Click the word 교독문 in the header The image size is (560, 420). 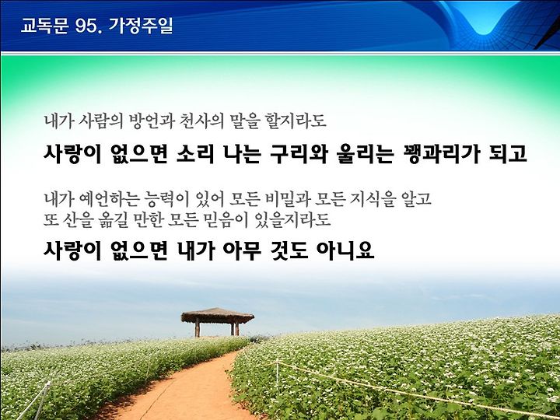tap(44, 26)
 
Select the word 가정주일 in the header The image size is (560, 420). tap(141, 26)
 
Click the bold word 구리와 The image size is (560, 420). tap(299, 154)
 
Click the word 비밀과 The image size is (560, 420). tap(288, 199)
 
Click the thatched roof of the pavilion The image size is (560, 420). tap(218, 316)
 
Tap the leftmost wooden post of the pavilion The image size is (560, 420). tap(197, 327)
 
